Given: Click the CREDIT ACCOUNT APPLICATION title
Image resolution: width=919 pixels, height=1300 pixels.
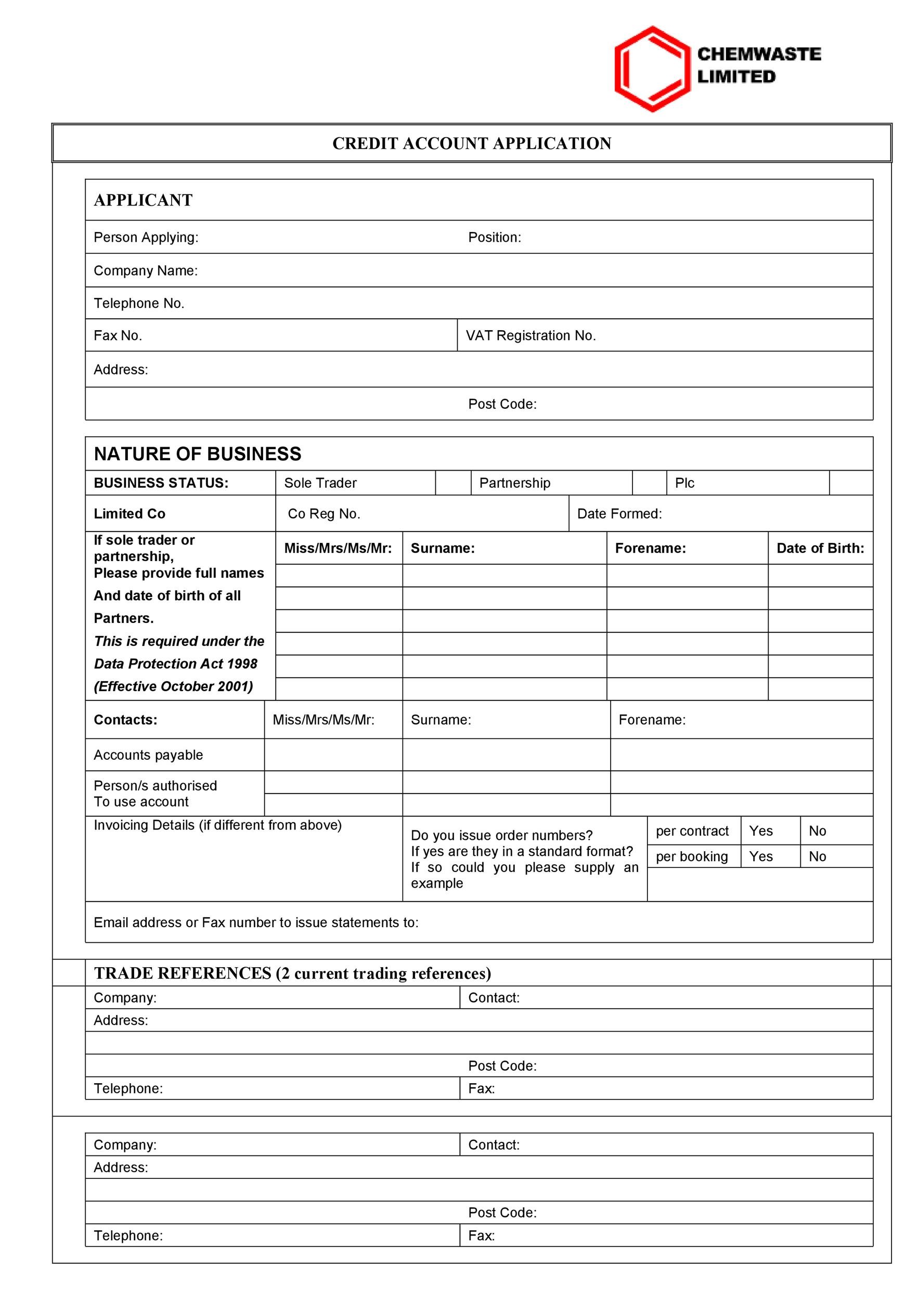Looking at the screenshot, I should (471, 143).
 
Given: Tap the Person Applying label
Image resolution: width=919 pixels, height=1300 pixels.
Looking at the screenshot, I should (146, 237).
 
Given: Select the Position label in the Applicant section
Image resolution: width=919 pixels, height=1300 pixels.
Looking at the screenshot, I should (494, 237).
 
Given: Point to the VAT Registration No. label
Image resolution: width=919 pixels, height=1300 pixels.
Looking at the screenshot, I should (530, 336).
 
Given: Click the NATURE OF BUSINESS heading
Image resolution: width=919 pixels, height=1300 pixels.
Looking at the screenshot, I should (197, 454).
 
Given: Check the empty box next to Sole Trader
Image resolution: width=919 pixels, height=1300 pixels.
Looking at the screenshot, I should (452, 483).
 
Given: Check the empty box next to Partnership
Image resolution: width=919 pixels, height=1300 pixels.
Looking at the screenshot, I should (649, 483).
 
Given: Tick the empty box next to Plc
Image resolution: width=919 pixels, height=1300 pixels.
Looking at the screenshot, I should (850, 483).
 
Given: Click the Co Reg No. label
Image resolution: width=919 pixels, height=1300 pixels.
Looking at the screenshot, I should (324, 514).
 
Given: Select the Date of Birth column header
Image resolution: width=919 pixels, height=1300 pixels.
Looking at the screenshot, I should (819, 548).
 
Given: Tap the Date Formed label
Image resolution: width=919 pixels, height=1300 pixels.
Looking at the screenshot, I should (619, 514).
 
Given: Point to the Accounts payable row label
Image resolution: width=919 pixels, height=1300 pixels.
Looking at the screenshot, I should (148, 755).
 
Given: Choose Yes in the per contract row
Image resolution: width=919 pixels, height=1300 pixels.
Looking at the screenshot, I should (760, 830).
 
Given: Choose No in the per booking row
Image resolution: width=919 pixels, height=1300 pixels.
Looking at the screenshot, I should (817, 856).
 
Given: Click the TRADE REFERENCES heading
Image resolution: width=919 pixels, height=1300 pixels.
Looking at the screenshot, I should (292, 973).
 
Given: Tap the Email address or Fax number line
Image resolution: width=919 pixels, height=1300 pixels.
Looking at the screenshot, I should (256, 922).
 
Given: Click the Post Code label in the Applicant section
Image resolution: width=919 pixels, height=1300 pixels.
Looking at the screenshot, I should (502, 404).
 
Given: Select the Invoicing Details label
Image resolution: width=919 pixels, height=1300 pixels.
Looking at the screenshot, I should (217, 825).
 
